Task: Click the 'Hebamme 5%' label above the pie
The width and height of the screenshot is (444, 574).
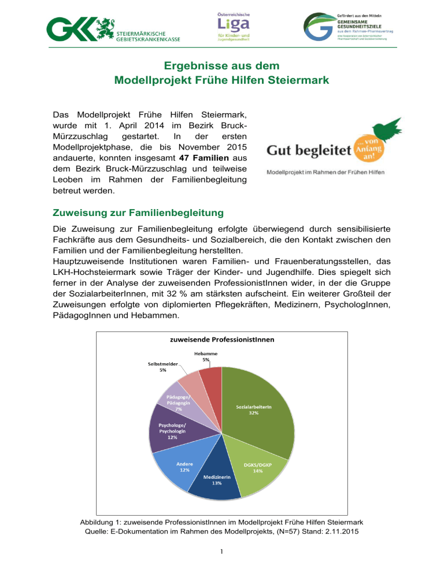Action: pos(206,356)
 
